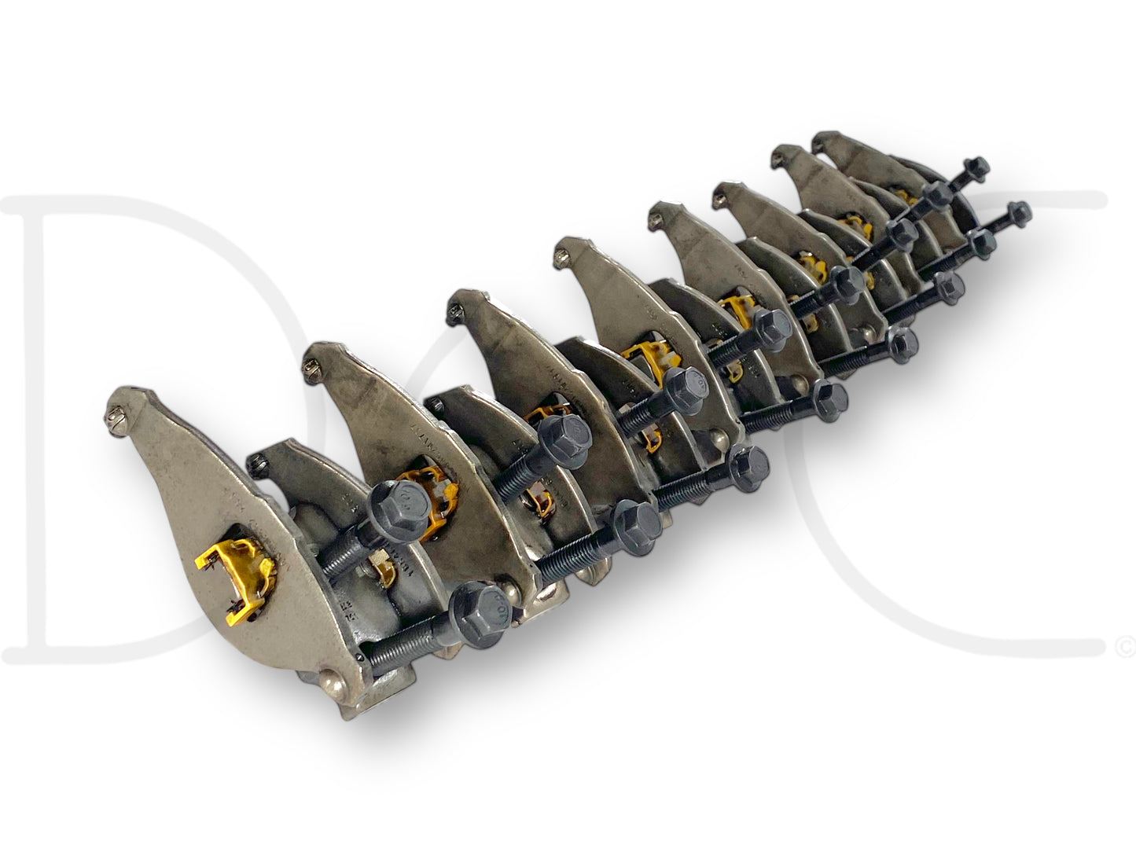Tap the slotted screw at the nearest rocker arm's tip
(x=116, y=410)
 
